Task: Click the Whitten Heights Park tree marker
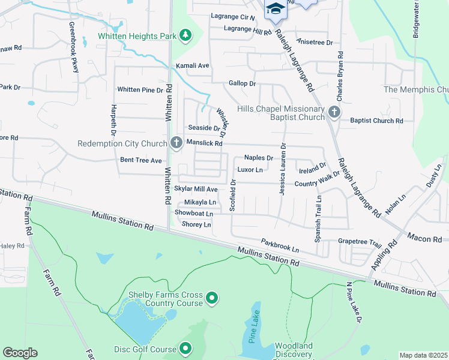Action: tap(186, 35)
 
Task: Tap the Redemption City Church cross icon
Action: tap(176, 143)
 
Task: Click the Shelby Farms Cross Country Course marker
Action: tap(211, 298)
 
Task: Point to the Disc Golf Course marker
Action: tap(185, 348)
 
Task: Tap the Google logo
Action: tap(20, 352)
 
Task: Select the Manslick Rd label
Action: tap(204, 143)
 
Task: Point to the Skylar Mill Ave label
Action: tap(195, 188)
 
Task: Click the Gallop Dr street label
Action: tap(242, 83)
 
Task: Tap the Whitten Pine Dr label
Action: tap(140, 89)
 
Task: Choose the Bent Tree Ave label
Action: tap(141, 160)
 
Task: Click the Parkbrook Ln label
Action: tap(280, 245)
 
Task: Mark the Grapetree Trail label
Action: tap(360, 242)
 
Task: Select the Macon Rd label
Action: tap(424, 239)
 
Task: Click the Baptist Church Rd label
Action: tap(377, 121)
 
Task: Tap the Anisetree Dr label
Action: tap(315, 42)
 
